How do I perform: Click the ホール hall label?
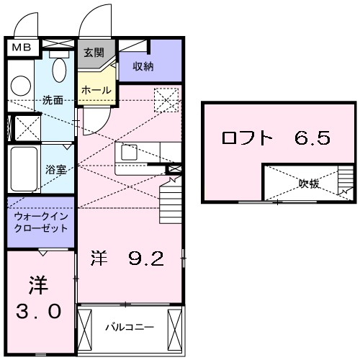tap(96, 90)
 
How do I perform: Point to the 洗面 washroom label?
tap(52, 100)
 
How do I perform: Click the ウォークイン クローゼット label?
tap(40, 222)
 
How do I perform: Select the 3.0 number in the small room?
tap(40, 312)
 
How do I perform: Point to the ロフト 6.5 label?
tap(276, 137)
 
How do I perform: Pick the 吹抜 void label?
tap(309, 184)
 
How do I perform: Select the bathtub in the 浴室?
tap(23, 167)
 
